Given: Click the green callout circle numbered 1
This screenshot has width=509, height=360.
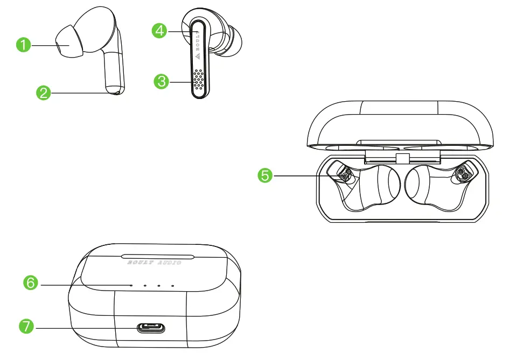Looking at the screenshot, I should click(x=24, y=46).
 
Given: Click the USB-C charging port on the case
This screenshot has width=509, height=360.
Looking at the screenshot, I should click(x=153, y=327).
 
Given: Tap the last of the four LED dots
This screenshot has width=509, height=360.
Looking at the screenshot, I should click(x=172, y=285).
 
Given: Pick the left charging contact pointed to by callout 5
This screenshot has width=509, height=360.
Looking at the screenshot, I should click(x=345, y=174).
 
